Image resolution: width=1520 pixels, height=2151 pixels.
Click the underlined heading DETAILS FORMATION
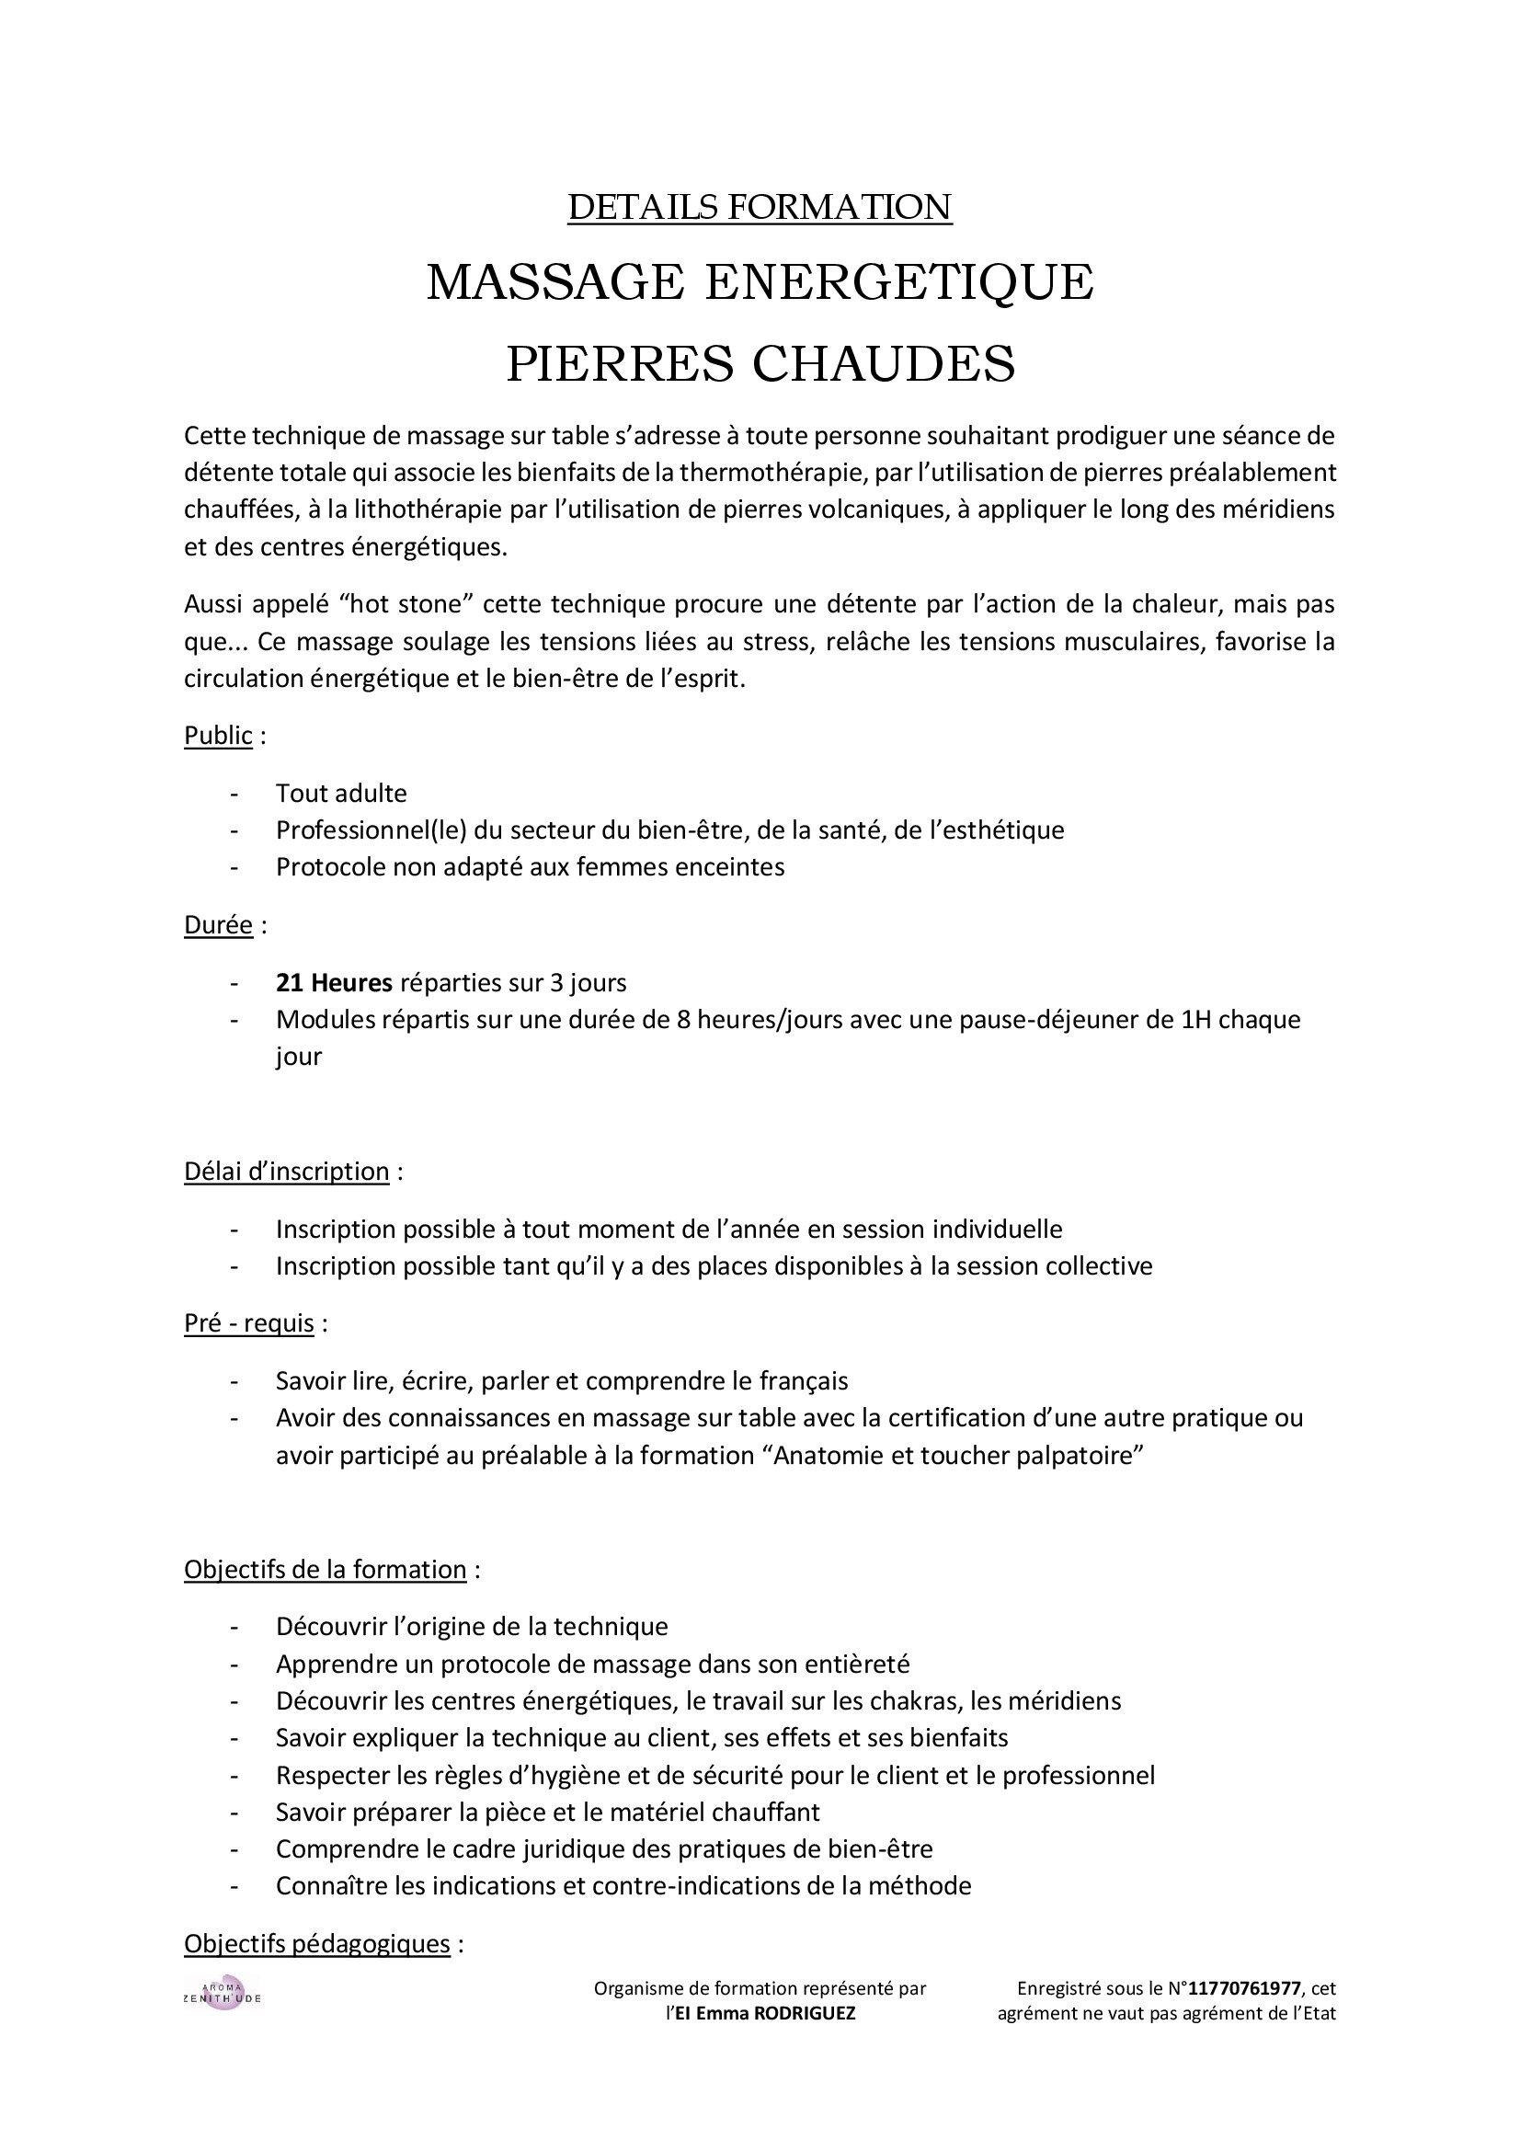[x=760, y=207]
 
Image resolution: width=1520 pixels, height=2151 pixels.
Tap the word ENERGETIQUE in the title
[x=899, y=282]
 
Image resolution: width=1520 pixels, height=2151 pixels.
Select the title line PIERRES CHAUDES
[x=760, y=363]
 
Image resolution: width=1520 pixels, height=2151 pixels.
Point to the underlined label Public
[x=218, y=736]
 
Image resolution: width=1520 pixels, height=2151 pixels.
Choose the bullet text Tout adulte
[x=341, y=794]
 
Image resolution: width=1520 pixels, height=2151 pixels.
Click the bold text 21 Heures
[x=334, y=983]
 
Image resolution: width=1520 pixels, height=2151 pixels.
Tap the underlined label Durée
[x=218, y=926]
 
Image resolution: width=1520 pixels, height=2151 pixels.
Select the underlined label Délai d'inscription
[x=287, y=1171]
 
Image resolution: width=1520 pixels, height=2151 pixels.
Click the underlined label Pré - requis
[x=249, y=1322]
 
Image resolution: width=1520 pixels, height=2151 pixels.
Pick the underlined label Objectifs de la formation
[x=325, y=1569]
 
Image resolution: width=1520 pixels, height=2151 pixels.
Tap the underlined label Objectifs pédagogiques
[x=316, y=1943]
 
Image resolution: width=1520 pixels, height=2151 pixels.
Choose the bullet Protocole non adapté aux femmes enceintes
[x=530, y=867]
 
